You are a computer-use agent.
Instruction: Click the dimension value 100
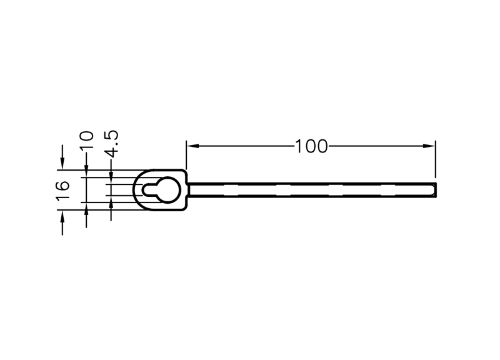(x=311, y=146)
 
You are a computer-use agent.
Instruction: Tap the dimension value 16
(x=63, y=191)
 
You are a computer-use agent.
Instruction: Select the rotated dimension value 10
(x=86, y=140)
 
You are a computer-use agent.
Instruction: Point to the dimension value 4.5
(x=111, y=144)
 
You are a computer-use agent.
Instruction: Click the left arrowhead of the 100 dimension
(x=192, y=146)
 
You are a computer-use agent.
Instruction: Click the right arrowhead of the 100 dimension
(x=429, y=146)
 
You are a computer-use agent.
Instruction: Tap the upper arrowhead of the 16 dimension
(x=62, y=163)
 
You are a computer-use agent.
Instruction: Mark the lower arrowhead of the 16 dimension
(x=62, y=216)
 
